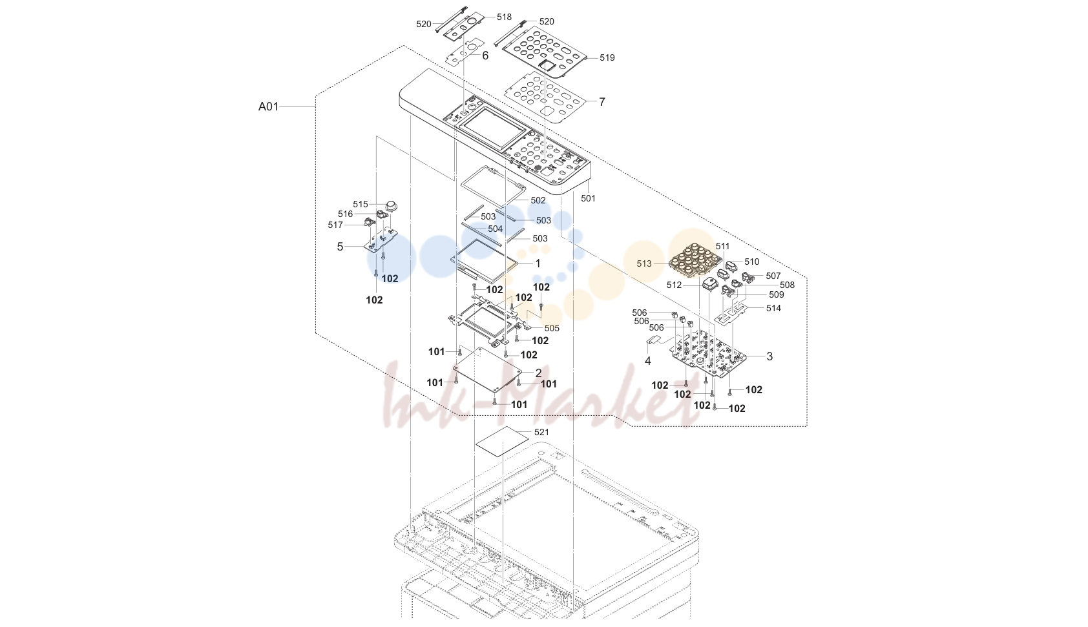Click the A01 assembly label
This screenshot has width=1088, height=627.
(x=268, y=107)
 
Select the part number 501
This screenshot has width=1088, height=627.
(x=588, y=198)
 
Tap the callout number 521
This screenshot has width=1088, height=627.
(x=541, y=432)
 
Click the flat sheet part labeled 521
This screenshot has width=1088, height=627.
(x=502, y=442)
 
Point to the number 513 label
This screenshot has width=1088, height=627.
(x=644, y=263)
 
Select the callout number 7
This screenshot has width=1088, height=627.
(x=602, y=102)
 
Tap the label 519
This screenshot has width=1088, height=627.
(x=607, y=57)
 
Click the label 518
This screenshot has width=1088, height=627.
(x=504, y=17)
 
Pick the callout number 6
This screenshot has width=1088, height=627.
(x=485, y=56)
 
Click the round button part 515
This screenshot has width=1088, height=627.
(x=392, y=206)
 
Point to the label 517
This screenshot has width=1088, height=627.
(x=335, y=225)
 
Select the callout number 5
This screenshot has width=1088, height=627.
(x=340, y=247)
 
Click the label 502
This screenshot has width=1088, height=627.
(x=538, y=200)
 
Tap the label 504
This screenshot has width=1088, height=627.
(x=496, y=229)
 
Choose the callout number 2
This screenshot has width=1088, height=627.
(x=538, y=373)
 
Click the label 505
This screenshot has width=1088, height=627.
(x=552, y=328)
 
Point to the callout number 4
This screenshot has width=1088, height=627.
(x=647, y=360)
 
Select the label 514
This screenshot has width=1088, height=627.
(x=774, y=308)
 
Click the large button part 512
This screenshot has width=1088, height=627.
(x=709, y=284)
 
